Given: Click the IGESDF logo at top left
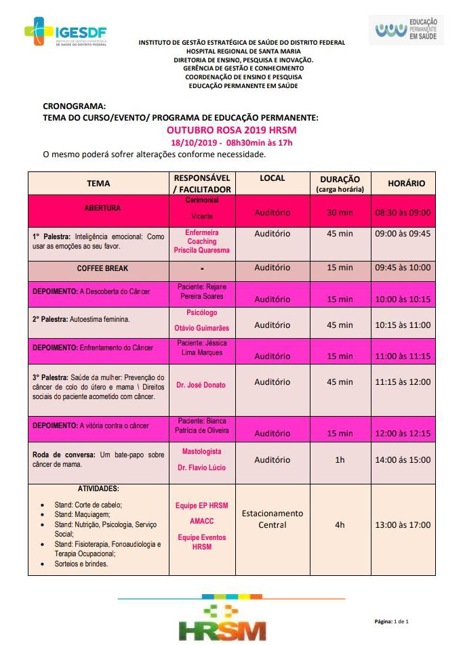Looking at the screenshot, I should click(x=65, y=31).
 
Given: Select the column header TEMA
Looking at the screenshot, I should click(x=98, y=183).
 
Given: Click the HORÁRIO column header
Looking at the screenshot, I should click(x=406, y=183).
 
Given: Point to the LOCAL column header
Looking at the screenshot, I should click(x=272, y=178).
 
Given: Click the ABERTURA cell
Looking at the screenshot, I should click(x=102, y=208).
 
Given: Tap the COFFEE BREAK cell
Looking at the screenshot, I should click(x=102, y=268).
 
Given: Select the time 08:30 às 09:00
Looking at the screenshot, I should click(x=403, y=212).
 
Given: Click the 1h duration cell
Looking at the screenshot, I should click(x=340, y=459).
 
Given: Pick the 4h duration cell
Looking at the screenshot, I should click(x=340, y=524).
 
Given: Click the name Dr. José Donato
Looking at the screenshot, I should click(x=201, y=385).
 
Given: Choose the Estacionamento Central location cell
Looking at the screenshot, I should click(x=273, y=519).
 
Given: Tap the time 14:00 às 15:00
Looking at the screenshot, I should click(x=403, y=459).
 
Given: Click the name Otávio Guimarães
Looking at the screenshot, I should click(x=201, y=328).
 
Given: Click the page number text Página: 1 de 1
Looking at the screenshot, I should click(x=392, y=621).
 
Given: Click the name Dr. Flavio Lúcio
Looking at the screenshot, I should click(x=201, y=468).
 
